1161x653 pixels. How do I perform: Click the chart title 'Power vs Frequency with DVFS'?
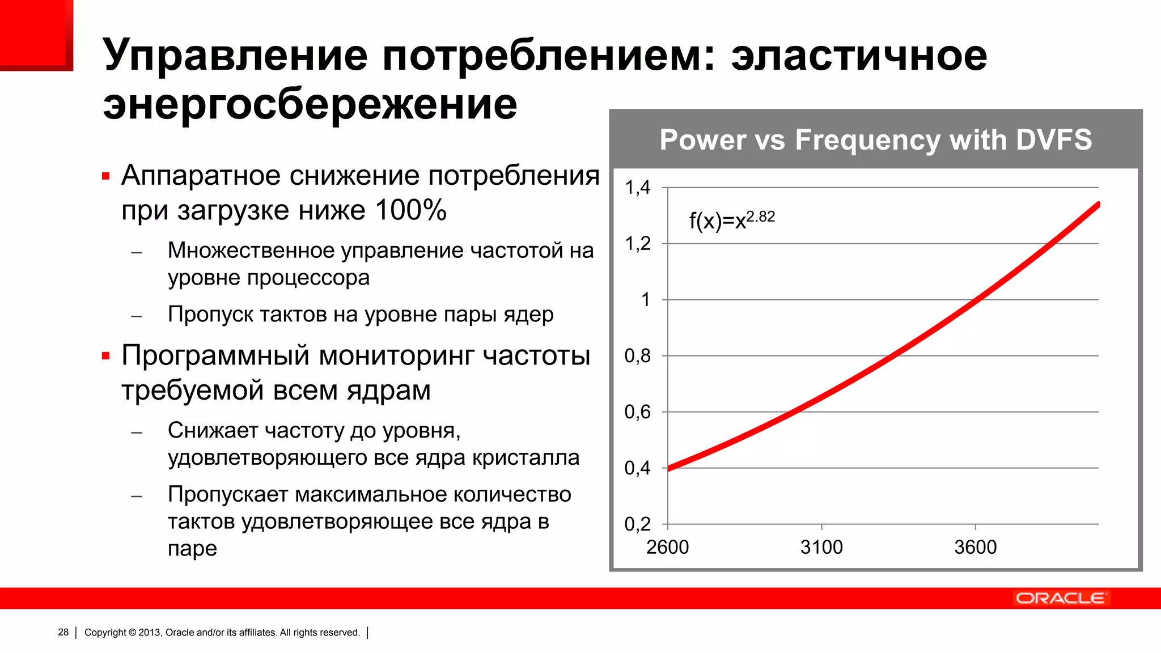point(875,140)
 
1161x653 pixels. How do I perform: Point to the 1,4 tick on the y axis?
point(638,188)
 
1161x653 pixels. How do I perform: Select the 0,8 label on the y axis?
point(638,356)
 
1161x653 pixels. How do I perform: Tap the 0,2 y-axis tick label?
point(638,524)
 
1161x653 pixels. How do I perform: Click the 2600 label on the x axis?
point(667,548)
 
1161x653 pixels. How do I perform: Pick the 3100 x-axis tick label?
point(821,548)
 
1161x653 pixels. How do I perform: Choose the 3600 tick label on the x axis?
point(975,548)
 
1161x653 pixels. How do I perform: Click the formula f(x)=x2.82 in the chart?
point(732,220)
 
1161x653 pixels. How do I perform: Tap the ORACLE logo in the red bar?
point(1060,599)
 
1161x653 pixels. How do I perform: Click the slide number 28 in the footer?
point(63,633)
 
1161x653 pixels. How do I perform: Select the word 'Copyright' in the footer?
point(105,633)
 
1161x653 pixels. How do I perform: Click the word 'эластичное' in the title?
point(859,55)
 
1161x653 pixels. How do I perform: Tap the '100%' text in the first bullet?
point(410,210)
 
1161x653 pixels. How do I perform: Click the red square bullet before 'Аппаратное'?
point(105,176)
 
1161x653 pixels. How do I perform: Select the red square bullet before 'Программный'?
point(105,357)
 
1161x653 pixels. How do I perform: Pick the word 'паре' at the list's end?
point(192,549)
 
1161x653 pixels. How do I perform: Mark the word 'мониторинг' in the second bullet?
point(397,356)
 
